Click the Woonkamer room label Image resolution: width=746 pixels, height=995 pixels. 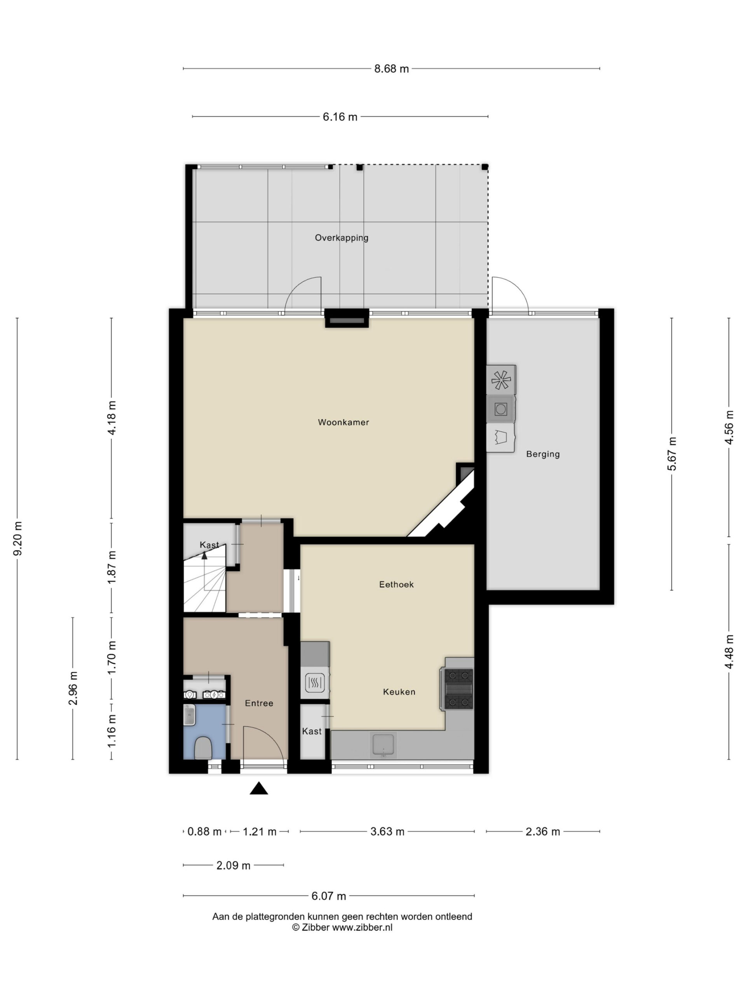[x=343, y=422]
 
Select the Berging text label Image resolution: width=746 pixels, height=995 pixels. [x=543, y=454]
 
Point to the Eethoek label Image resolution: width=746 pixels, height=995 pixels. [x=396, y=584]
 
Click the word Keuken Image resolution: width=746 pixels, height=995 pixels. [x=399, y=692]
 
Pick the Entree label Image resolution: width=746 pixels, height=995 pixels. [x=259, y=703]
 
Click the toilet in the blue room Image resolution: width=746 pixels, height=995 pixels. [x=203, y=748]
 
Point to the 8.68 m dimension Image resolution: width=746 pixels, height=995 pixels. [x=391, y=69]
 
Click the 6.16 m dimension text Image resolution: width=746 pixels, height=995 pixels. [x=340, y=117]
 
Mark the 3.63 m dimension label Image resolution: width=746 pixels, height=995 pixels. [x=387, y=832]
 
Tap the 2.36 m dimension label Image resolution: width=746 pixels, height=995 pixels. [x=543, y=832]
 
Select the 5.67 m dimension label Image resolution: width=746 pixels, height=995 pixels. [x=671, y=454]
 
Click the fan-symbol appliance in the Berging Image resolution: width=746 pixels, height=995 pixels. [x=500, y=380]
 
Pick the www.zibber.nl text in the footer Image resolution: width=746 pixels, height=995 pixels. [x=362, y=927]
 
